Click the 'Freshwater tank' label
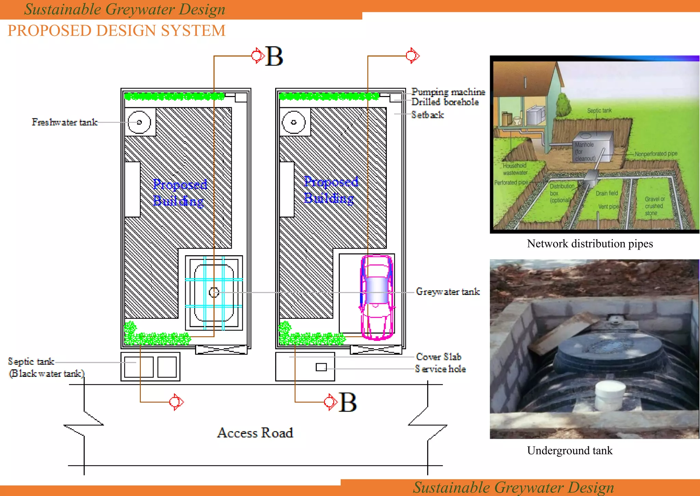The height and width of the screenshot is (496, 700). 65,122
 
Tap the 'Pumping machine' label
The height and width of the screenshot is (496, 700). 448,92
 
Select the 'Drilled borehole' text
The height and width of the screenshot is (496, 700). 445,102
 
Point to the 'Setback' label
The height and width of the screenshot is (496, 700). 428,115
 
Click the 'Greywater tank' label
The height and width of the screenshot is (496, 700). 448,292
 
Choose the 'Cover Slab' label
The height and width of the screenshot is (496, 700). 439,357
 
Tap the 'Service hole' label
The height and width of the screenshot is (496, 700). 441,369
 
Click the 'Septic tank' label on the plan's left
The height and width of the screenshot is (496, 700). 31,361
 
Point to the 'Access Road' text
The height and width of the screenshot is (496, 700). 255,433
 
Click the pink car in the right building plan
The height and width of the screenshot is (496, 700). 377,297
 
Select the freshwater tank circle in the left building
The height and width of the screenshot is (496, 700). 139,122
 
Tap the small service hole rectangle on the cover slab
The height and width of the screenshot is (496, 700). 321,367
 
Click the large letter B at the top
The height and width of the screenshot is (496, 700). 274,56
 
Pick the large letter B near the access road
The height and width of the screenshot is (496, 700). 348,402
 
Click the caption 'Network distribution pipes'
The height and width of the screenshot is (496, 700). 590,244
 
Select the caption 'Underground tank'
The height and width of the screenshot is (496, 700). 570,451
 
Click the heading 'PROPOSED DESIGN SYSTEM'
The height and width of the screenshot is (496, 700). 117,31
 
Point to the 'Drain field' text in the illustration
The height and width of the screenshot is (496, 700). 607,193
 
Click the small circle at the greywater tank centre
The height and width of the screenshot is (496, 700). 214,292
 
